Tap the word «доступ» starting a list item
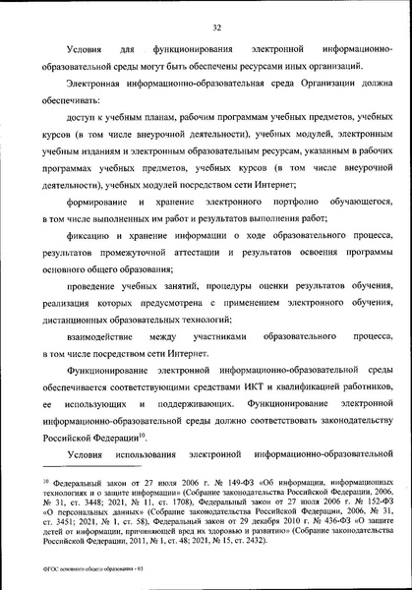coord(84,120)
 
